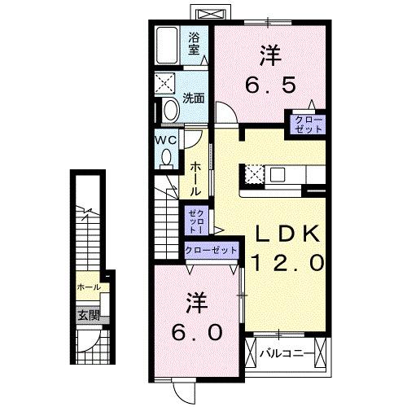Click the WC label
click(167, 140)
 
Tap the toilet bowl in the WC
click(167, 158)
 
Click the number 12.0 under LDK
click(287, 263)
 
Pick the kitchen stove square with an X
click(254, 173)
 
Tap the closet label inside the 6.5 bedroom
click(314, 125)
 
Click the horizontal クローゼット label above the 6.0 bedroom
click(211, 251)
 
